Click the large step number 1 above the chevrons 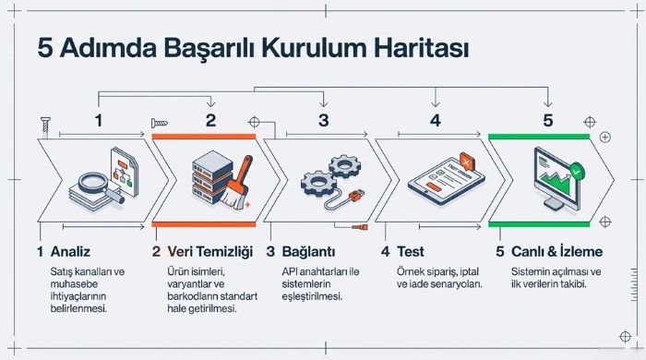pyautogui.click(x=99, y=119)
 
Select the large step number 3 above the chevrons pyautogui.click(x=323, y=119)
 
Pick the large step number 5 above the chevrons pyautogui.click(x=547, y=119)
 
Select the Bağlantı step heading pyautogui.click(x=309, y=251)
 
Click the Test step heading pyautogui.click(x=410, y=251)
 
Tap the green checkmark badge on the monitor pyautogui.click(x=576, y=169)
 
